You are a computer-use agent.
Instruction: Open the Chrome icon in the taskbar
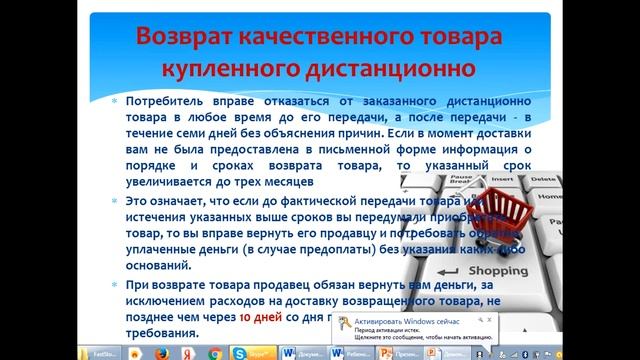pos(214,352)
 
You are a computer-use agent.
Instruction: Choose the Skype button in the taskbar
pos(239,352)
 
